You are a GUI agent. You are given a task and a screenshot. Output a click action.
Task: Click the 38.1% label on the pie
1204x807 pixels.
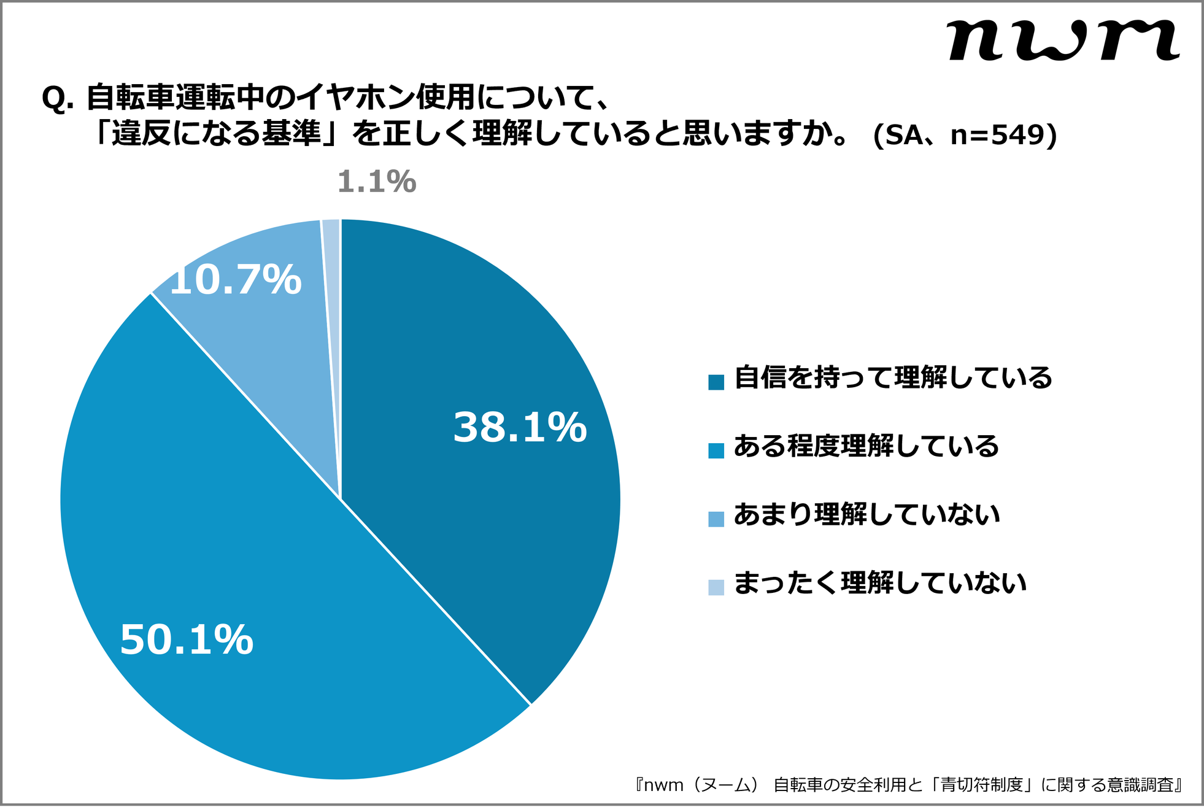pyautogui.click(x=520, y=428)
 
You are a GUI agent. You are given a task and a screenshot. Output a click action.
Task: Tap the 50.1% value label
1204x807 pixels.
pyautogui.click(x=187, y=640)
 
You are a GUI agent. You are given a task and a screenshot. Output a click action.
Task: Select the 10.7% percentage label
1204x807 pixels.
pyautogui.click(x=236, y=280)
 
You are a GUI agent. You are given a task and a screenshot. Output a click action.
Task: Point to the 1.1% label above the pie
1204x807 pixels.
pyautogui.click(x=377, y=182)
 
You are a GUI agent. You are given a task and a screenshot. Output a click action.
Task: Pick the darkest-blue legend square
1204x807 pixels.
pyautogui.click(x=716, y=382)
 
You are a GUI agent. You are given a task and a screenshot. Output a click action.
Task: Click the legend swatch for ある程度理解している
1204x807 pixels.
pyautogui.click(x=716, y=450)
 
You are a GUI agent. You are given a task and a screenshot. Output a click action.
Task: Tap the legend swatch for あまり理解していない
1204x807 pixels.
pyautogui.click(x=716, y=519)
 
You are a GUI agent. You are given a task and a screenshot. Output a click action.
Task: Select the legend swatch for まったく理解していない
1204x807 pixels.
pyautogui.click(x=716, y=587)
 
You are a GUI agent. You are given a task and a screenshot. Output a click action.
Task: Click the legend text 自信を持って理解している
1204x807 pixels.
pyautogui.click(x=893, y=377)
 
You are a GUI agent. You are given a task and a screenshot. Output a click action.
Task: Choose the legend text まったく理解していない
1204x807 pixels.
pyautogui.click(x=879, y=583)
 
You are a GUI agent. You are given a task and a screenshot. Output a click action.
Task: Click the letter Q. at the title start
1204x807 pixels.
pyautogui.click(x=57, y=98)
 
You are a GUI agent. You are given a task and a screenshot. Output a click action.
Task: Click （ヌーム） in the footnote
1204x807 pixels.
pyautogui.click(x=725, y=785)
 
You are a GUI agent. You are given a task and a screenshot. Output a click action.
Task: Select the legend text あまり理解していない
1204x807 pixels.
pyautogui.click(x=866, y=514)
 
